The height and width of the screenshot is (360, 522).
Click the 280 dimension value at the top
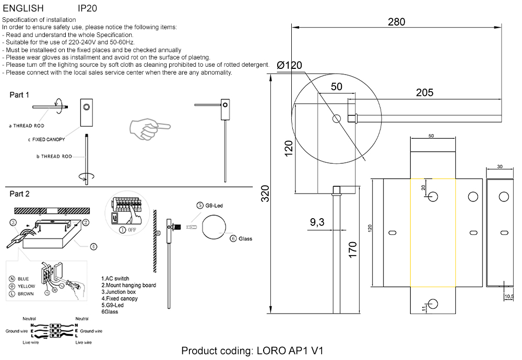396,22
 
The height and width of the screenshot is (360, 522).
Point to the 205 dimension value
424,93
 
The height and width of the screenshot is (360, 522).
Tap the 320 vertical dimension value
265,195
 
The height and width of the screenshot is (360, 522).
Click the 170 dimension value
353,249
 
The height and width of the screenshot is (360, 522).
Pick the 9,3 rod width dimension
317,223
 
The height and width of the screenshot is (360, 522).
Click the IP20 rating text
87,8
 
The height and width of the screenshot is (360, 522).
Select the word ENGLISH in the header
23,8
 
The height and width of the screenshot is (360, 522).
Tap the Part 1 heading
20,95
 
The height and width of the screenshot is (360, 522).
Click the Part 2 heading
20,194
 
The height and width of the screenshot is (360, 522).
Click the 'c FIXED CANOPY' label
46,140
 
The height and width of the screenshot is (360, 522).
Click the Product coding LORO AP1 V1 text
252,351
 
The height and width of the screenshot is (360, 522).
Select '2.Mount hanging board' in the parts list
128,285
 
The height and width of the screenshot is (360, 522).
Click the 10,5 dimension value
508,296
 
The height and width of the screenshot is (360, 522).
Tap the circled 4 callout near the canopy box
93,246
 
